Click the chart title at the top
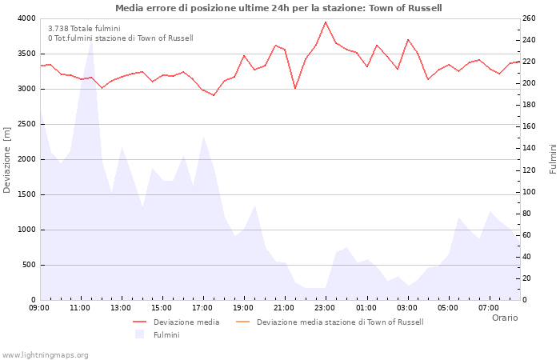click(x=278, y=8)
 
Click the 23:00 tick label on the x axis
click(x=325, y=307)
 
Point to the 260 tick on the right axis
click(x=529, y=18)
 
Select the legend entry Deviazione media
click(x=186, y=322)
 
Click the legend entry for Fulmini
click(x=166, y=334)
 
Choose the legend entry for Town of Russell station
click(x=339, y=322)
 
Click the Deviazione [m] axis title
click(x=7, y=158)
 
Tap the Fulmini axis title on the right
click(x=553, y=158)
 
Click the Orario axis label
click(x=504, y=318)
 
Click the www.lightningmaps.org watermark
click(x=45, y=354)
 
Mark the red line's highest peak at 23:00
click(x=326, y=22)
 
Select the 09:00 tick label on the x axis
click(x=40, y=307)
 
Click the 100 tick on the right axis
click(x=529, y=192)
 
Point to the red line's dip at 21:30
click(x=295, y=88)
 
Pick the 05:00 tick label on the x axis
click(x=448, y=307)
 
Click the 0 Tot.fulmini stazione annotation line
click(x=120, y=38)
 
